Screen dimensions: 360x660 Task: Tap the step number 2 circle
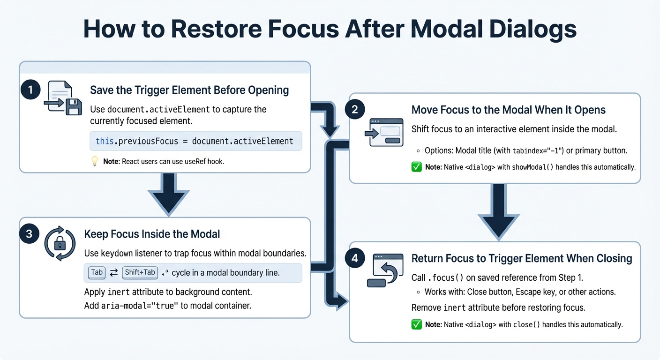click(x=354, y=110)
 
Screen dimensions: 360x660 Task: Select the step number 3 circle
click(x=29, y=234)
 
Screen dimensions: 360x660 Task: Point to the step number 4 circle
click(x=354, y=258)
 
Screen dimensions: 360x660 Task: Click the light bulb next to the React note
click(x=95, y=161)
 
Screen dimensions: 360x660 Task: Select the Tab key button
click(x=97, y=272)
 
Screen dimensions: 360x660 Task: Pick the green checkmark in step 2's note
click(x=416, y=167)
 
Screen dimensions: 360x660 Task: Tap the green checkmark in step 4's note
click(x=416, y=324)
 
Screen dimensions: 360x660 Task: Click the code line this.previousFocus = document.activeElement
click(x=195, y=141)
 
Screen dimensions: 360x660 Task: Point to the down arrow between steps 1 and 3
click(x=168, y=195)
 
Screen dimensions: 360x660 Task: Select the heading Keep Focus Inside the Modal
click(x=152, y=234)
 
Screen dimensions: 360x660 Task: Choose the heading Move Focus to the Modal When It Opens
click(x=508, y=110)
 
